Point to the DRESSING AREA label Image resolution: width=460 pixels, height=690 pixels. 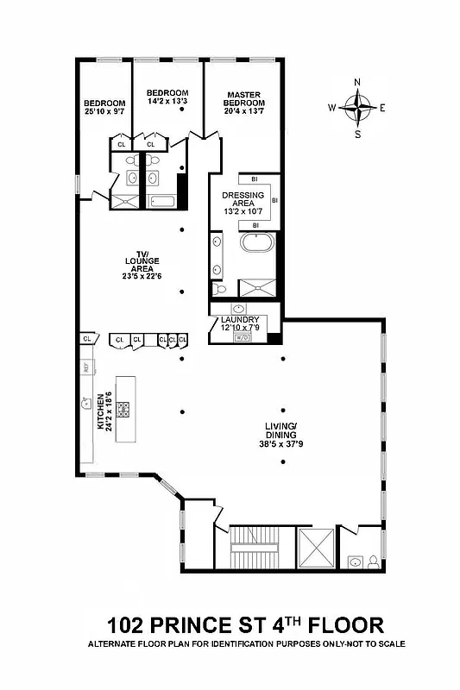(244, 199)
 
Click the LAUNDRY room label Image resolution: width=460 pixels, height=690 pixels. (239, 319)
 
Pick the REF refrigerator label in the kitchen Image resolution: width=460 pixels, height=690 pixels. (86, 368)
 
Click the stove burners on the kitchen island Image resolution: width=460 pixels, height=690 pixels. (124, 409)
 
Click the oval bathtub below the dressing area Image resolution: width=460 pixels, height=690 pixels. (255, 241)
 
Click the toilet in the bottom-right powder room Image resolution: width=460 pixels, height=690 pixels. (372, 562)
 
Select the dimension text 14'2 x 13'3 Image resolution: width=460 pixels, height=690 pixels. (167, 102)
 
